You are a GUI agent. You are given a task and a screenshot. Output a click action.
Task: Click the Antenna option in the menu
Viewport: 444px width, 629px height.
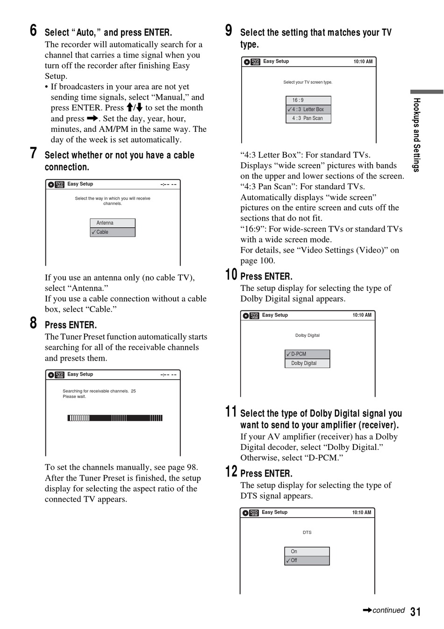(113, 223)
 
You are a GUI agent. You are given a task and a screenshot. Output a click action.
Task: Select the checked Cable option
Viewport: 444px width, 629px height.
(113, 232)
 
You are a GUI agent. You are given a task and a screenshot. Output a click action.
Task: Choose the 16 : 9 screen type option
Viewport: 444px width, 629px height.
(308, 100)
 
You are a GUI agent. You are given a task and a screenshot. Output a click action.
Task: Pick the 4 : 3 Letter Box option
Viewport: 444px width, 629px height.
(308, 109)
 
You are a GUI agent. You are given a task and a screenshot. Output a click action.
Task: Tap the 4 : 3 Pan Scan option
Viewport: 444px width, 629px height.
(308, 118)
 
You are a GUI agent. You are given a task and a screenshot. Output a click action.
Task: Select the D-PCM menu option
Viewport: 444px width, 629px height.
(308, 354)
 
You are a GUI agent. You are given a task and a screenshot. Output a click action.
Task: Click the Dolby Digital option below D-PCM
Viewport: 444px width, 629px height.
(308, 363)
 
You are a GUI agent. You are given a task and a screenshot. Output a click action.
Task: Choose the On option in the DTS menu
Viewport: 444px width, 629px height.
(307, 551)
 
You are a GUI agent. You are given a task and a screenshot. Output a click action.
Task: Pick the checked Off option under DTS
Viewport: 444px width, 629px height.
(307, 560)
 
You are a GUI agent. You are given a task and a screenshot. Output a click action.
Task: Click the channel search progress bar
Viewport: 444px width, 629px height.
(115, 418)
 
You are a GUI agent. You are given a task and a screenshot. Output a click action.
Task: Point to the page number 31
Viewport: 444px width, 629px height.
(415, 612)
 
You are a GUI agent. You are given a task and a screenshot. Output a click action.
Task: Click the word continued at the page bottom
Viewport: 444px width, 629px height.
(388, 610)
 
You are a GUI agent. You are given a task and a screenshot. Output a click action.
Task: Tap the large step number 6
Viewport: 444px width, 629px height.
(33, 30)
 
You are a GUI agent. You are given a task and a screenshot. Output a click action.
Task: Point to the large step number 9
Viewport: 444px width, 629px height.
(229, 30)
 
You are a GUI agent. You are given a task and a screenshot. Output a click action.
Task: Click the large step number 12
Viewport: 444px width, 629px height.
(231, 471)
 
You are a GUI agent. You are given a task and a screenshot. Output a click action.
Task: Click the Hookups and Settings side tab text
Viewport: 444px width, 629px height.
(416, 135)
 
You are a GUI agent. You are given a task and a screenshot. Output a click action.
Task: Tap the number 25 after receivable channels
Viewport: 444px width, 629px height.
(133, 391)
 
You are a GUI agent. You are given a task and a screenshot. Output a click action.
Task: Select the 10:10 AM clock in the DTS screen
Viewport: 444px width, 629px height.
(361, 513)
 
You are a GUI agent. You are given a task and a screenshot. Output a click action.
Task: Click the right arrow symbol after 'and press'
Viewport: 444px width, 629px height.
(93, 118)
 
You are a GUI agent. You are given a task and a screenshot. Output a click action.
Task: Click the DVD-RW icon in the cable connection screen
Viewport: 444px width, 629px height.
(60, 185)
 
